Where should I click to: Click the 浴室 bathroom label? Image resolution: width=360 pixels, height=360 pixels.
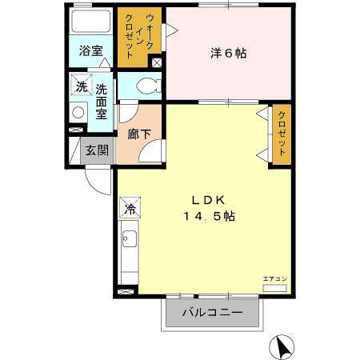(x=90, y=50)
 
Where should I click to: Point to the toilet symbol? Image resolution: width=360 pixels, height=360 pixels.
(x=147, y=86)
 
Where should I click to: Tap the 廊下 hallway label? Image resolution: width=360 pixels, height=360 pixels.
(x=139, y=134)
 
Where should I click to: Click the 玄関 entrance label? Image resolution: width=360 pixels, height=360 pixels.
(x=98, y=150)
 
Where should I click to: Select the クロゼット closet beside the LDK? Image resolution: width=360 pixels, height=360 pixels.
(x=282, y=135)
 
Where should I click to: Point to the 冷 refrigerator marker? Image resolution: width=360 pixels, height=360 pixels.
(x=130, y=209)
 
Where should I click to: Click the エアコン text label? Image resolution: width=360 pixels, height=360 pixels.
(x=274, y=278)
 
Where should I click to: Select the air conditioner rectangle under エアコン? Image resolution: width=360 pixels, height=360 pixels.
(x=274, y=286)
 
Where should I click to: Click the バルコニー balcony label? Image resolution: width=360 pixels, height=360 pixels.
(x=212, y=313)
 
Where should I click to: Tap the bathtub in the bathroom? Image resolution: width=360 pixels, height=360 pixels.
(x=90, y=21)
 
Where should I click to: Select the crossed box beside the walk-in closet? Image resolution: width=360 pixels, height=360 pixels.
(x=157, y=62)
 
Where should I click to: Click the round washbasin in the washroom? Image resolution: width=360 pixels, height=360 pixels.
(x=78, y=113)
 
